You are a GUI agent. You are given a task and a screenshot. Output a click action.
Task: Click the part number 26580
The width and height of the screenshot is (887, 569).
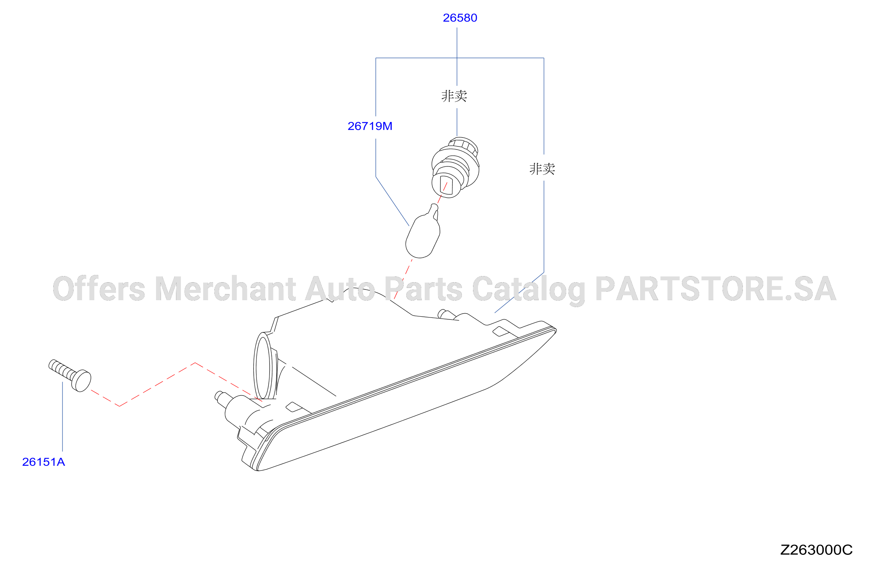click(x=460, y=18)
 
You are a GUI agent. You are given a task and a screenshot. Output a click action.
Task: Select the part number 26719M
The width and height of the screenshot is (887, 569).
click(x=370, y=126)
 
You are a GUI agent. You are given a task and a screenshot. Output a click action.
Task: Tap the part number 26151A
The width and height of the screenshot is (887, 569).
click(x=44, y=462)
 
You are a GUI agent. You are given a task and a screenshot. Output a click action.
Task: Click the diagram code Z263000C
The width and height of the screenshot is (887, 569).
click(x=816, y=550)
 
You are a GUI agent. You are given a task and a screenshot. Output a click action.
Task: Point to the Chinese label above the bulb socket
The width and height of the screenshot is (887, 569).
click(x=454, y=96)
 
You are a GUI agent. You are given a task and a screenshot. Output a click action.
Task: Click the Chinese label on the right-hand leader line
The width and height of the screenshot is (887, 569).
click(x=542, y=169)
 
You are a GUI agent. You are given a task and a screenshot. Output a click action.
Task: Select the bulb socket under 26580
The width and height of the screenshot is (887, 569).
click(x=455, y=167)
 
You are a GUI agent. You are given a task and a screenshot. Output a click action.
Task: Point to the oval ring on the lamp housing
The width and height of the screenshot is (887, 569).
click(x=263, y=367)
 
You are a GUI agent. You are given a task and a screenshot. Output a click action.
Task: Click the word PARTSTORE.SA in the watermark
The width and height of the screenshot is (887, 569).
click(x=716, y=289)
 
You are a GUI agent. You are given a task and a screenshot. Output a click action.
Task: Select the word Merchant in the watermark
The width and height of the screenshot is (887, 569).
click(x=226, y=288)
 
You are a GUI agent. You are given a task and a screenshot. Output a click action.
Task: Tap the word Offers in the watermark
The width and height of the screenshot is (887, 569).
click(x=99, y=288)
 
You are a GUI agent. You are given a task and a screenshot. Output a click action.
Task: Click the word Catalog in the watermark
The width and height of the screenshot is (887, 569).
click(x=529, y=290)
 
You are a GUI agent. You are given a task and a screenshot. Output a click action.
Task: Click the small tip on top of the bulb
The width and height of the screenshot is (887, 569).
click(x=434, y=207)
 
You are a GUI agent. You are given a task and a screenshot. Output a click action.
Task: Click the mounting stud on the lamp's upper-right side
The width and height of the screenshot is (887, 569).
click(x=445, y=314)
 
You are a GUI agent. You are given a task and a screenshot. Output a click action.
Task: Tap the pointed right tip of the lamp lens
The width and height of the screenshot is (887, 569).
click(x=555, y=331)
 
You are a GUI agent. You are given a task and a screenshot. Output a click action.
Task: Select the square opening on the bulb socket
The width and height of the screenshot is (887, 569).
click(x=446, y=184)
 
